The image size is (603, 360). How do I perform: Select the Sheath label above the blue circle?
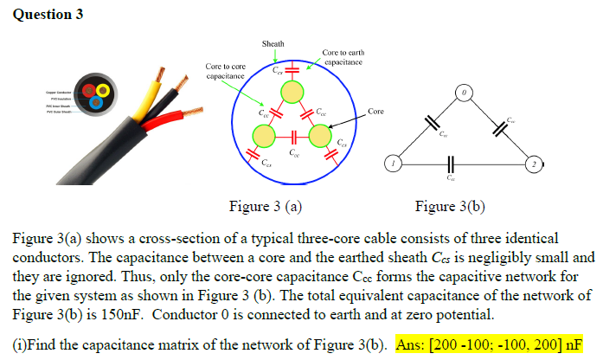point(272,43)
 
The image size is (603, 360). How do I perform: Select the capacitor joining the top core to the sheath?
point(292,69)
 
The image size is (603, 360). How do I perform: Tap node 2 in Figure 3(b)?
point(535,163)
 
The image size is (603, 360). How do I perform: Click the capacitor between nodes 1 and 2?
point(449,163)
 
